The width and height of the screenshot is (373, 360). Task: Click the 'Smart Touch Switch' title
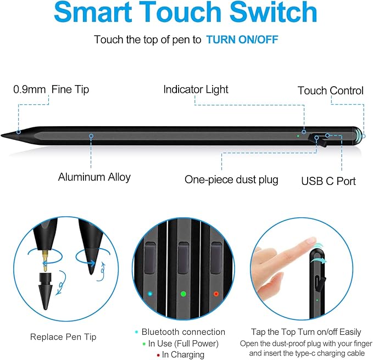pyautogui.click(x=186, y=13)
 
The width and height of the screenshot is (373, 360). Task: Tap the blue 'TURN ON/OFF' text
pyautogui.click(x=238, y=40)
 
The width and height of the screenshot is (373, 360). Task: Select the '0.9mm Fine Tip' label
pyautogui.click(x=51, y=89)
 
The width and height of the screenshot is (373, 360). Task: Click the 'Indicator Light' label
pyautogui.click(x=196, y=89)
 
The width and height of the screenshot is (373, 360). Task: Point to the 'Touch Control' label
pyautogui.click(x=330, y=91)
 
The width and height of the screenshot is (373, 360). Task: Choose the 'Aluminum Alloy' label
pyautogui.click(x=94, y=177)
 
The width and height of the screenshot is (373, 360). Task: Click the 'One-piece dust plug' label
pyautogui.click(x=231, y=179)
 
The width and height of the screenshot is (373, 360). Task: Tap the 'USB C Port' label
pyautogui.click(x=329, y=181)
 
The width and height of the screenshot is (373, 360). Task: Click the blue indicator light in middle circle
pyautogui.click(x=150, y=294)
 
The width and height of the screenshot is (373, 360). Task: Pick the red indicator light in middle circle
pyautogui.click(x=215, y=294)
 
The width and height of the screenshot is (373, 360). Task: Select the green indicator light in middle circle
pyautogui.click(x=183, y=294)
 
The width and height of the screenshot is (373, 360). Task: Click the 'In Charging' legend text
pyautogui.click(x=183, y=355)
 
